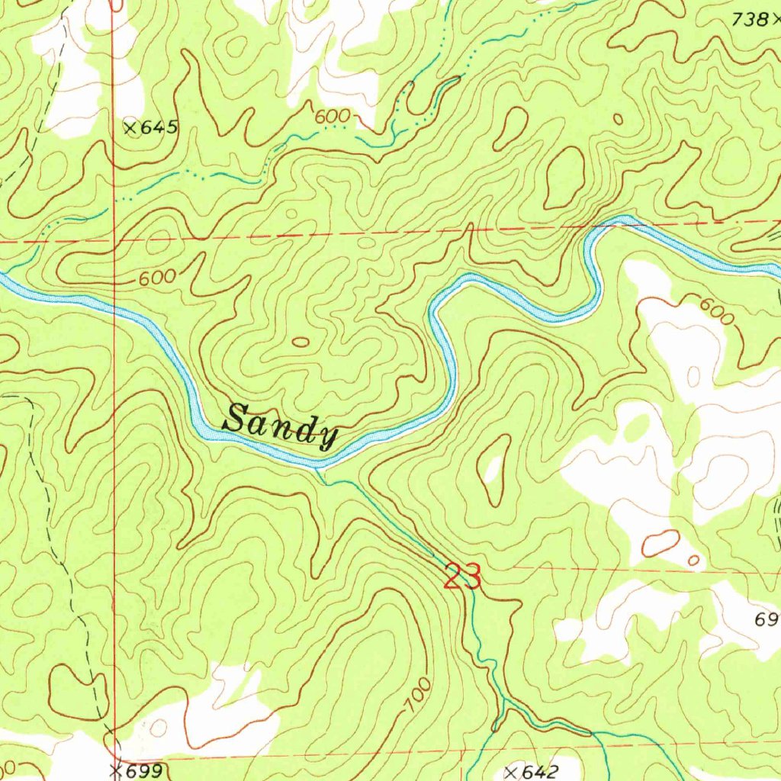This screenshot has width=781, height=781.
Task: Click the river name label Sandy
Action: pos(280,426)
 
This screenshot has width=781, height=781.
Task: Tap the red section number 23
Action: pos(462,577)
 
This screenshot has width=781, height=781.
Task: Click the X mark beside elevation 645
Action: pos(130,128)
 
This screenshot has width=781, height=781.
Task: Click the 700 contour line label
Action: pos(417,696)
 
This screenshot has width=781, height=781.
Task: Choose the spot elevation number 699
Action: pos(144,771)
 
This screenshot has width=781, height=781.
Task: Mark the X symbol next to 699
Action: pos(115,771)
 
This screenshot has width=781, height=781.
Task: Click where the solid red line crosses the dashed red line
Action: pos(114,239)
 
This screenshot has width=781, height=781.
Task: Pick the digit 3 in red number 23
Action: pos(472,577)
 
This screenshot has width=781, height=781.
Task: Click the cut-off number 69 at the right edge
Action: pos(767,619)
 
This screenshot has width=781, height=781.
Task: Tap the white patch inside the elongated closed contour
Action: pos(493,471)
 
